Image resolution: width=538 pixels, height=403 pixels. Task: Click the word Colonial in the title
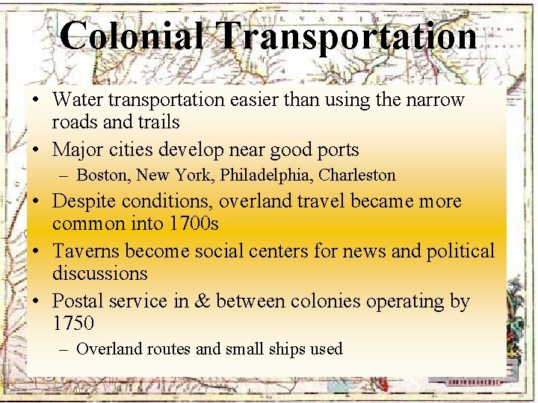[x=131, y=36]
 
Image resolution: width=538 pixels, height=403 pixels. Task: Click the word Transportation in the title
[x=347, y=36]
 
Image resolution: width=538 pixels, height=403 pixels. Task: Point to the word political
[x=460, y=252]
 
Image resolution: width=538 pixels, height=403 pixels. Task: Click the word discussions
[x=99, y=273]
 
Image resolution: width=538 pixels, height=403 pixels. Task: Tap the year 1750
[x=73, y=323]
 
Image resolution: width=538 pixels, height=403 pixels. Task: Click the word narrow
[x=435, y=99]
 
